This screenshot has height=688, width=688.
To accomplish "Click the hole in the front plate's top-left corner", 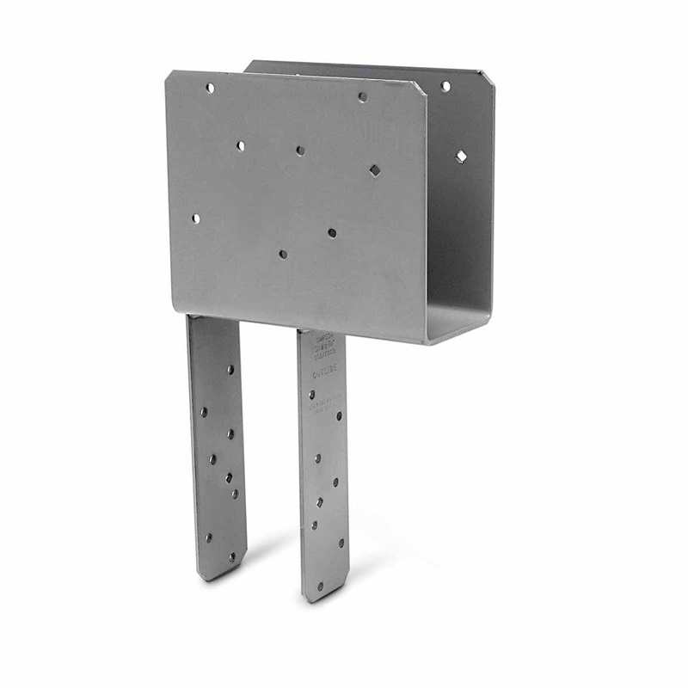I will [209, 87].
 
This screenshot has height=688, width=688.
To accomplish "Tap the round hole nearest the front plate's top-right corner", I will [362, 97].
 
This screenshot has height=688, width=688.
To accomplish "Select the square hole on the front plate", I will [375, 170].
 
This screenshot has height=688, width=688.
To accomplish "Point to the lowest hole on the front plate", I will [282, 254].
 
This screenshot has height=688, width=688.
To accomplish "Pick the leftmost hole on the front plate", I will [195, 218].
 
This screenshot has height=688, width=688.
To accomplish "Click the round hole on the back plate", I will [445, 86].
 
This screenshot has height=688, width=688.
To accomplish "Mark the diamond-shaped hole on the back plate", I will [461, 156].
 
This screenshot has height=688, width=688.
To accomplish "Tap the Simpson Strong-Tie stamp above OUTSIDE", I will [322, 341].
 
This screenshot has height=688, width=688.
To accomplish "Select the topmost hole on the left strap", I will [230, 369].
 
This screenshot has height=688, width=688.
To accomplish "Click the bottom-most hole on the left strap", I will [230, 556].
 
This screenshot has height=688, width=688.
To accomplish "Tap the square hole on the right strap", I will [319, 501].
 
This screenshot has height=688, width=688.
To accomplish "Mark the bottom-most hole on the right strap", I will [320, 587].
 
